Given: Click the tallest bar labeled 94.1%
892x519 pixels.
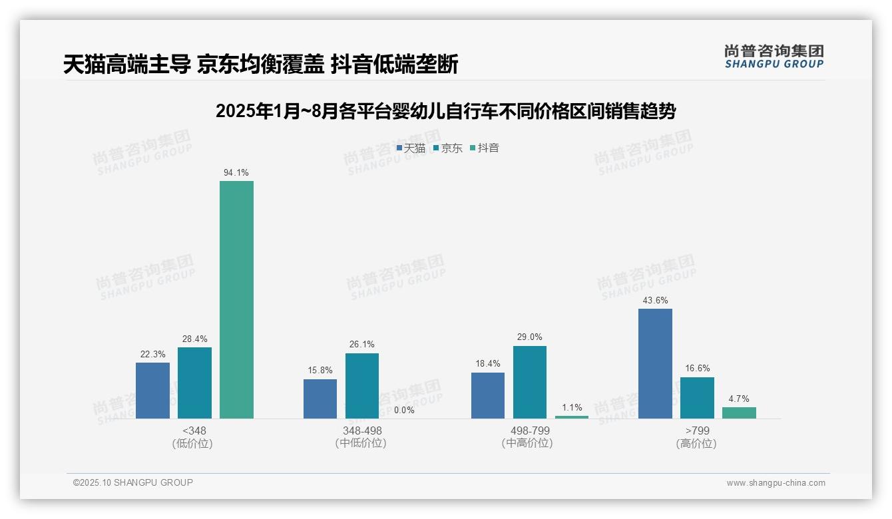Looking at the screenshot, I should [x=236, y=299].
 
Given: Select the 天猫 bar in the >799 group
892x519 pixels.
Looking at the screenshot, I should [x=655, y=363].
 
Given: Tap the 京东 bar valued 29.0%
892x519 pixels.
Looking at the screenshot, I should [x=529, y=382].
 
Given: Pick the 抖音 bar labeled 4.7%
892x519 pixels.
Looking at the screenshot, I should [x=739, y=413].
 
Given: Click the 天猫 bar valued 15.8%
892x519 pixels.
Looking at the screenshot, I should [x=320, y=399].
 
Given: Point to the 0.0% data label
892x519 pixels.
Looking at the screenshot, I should [x=404, y=411].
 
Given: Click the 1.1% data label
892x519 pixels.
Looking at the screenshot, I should [x=572, y=408].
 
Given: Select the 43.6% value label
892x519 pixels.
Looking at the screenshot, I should [x=655, y=301].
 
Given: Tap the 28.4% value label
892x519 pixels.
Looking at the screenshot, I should [x=194, y=339].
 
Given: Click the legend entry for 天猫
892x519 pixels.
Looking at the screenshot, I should [x=411, y=148].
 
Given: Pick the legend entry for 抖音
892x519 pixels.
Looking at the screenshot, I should [x=485, y=148].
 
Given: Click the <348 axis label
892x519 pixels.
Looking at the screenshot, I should [x=194, y=431].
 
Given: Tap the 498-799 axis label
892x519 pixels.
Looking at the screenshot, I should [x=529, y=431].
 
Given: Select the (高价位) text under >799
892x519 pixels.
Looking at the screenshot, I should [x=696, y=444].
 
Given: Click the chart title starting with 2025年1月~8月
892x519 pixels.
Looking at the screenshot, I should [x=445, y=111].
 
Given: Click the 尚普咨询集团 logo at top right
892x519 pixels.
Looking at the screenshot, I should [x=774, y=56].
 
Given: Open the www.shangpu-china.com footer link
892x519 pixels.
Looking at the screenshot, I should [x=776, y=483].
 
